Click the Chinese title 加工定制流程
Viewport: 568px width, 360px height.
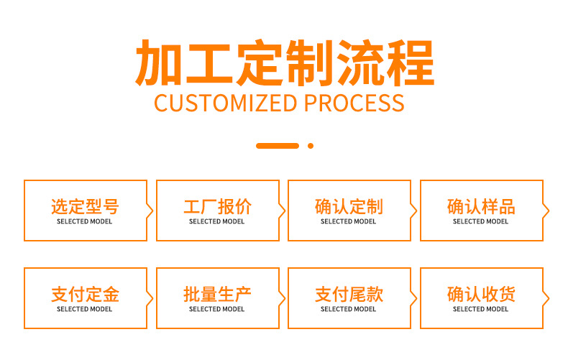click(285, 63)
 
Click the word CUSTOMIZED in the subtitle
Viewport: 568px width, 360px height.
click(226, 103)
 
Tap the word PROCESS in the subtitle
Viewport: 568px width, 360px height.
click(354, 103)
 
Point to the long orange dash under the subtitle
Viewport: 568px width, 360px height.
click(278, 146)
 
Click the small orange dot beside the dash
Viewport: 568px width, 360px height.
click(311, 146)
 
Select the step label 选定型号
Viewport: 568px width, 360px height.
click(85, 207)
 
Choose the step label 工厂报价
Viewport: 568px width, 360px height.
click(217, 207)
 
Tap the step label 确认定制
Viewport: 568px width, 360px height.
click(349, 207)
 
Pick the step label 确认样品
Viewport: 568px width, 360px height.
click(481, 207)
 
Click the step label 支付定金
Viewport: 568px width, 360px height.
click(85, 295)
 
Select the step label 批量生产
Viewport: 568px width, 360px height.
click(217, 295)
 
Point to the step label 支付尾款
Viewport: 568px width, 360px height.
click(349, 295)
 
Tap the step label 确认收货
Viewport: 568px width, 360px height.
click(481, 295)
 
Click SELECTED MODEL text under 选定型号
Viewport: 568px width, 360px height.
click(84, 221)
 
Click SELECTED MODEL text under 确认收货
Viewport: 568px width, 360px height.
click(481, 309)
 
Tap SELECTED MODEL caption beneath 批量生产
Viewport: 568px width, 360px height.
click(216, 309)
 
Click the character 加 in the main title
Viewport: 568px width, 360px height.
click(158, 63)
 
